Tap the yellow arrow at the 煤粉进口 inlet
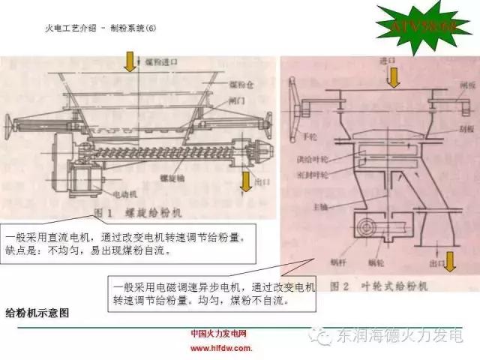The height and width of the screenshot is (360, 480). coord(130,63)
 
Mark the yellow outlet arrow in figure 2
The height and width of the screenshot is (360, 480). coord(451,261)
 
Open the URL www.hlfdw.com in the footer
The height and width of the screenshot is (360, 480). coord(220,349)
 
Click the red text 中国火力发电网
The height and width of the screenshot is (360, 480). coord(220,334)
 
